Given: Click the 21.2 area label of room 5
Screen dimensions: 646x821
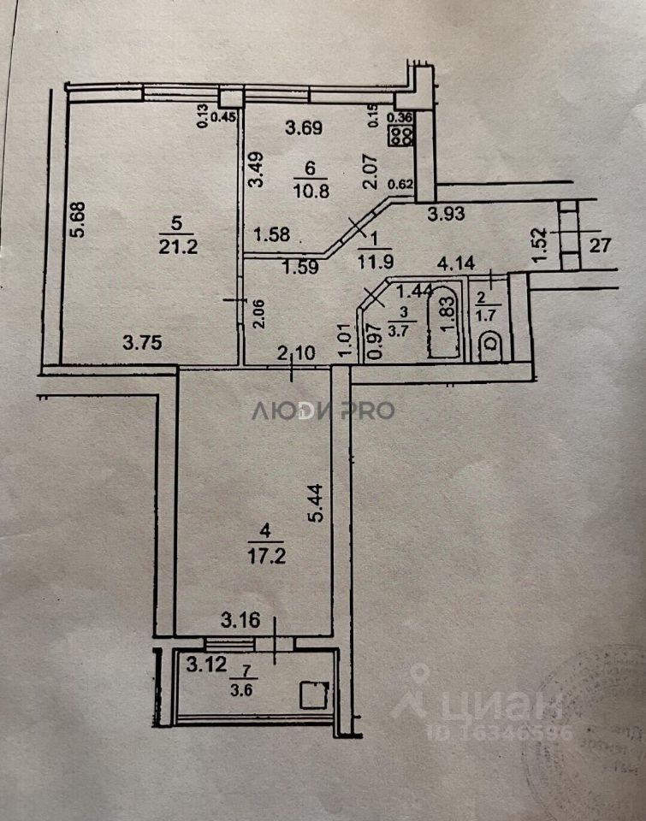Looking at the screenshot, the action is click(175, 248).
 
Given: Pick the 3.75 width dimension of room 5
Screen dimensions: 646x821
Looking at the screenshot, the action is click(143, 343).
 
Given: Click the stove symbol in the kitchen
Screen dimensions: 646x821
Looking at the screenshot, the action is click(401, 135).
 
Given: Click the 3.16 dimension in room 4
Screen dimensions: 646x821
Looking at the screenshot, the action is click(240, 618).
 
